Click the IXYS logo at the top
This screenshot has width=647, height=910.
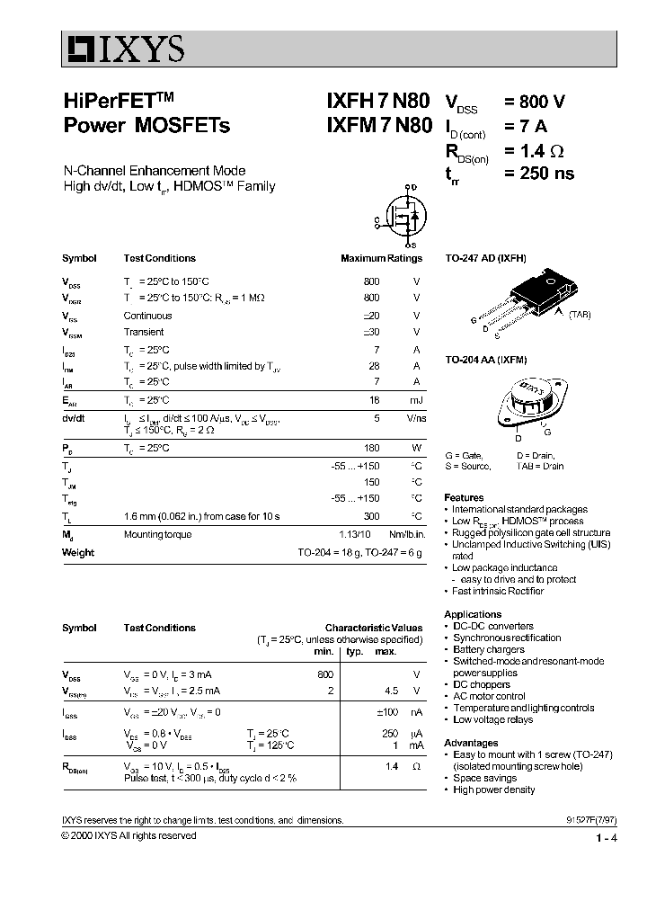(x=123, y=48)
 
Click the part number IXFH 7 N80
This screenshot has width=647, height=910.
(x=377, y=101)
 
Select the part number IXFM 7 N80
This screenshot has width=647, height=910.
(x=377, y=125)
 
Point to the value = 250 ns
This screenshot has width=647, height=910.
(x=539, y=173)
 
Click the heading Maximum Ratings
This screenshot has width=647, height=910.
(x=381, y=258)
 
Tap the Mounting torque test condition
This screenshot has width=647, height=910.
(x=157, y=534)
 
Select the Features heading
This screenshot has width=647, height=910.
(x=464, y=497)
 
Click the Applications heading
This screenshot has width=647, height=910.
(x=473, y=614)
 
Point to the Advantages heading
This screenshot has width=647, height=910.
(x=471, y=743)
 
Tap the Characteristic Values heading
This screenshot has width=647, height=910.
(x=373, y=628)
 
